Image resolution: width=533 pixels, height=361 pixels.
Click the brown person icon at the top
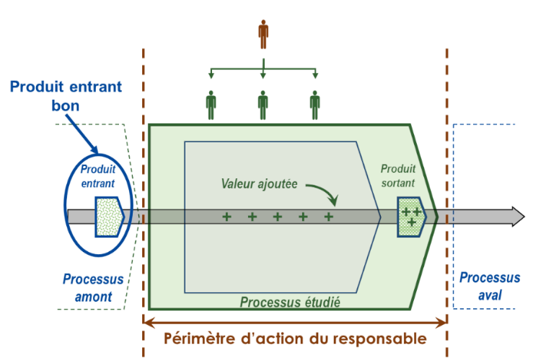[x=263, y=35]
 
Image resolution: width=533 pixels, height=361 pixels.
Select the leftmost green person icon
[x=211, y=105]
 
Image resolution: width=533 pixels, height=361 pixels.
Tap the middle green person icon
[x=263, y=105]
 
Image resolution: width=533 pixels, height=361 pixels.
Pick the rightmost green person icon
[x=314, y=105]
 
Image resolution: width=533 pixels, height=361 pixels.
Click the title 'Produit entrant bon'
[x=66, y=96]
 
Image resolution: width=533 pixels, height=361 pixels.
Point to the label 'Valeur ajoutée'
[x=259, y=183]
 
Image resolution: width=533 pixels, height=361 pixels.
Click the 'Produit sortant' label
[x=398, y=175]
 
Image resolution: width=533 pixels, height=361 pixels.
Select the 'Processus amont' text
[x=93, y=288]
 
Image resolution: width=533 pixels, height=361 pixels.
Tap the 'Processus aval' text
[x=490, y=286]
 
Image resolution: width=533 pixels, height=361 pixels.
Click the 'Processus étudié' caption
[x=290, y=302]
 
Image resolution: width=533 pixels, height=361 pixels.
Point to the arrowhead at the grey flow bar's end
[x=519, y=217]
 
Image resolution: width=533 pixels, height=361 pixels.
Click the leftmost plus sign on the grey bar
[x=226, y=217]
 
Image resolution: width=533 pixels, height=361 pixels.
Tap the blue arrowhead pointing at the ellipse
[x=94, y=149]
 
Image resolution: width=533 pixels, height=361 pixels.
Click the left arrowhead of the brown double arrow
[x=149, y=322]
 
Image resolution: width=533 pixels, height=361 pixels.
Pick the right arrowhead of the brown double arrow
[x=441, y=322]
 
